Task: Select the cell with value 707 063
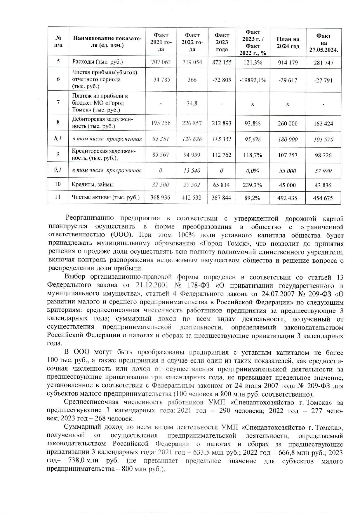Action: (x=161, y=62)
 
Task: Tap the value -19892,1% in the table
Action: (x=253, y=80)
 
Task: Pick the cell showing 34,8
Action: (x=192, y=103)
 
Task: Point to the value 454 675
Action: (x=323, y=198)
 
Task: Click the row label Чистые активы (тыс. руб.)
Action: (x=106, y=198)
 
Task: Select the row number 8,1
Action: (x=58, y=139)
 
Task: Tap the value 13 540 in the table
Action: (x=192, y=171)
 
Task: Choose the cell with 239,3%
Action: (x=253, y=185)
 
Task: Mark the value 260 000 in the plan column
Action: (x=288, y=123)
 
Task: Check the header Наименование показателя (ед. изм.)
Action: (x=107, y=42)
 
